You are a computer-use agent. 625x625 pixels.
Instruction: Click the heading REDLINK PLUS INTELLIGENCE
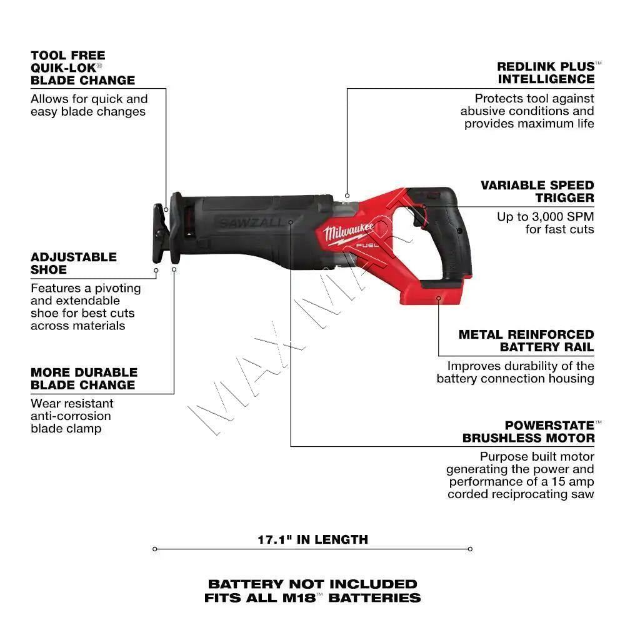click(546, 72)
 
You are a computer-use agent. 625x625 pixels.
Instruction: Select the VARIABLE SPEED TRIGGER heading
click(537, 191)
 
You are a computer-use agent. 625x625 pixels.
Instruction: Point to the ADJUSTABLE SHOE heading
click(74, 263)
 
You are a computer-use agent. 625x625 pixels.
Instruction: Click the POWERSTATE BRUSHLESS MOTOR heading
click(528, 431)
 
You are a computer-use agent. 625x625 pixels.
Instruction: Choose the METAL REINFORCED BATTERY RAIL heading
click(526, 341)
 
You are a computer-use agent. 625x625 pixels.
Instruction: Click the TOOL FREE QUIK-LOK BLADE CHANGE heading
click(82, 67)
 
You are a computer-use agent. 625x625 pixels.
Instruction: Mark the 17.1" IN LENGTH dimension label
click(312, 539)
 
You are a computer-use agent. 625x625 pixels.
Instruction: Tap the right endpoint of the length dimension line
click(470, 549)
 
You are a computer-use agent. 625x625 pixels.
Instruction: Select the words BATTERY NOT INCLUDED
click(312, 584)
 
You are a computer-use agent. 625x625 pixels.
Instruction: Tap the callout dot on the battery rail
click(438, 299)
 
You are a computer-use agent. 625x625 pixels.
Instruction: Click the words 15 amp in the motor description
click(572, 482)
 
